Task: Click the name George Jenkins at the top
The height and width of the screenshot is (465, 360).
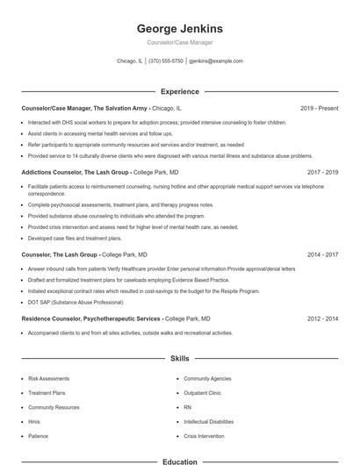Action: coord(180,28)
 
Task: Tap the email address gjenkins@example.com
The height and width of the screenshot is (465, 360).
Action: coord(216,61)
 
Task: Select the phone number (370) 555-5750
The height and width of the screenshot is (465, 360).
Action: coord(166,61)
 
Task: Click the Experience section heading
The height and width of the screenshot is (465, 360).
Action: coord(180,91)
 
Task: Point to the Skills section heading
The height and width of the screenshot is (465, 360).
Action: coord(180,359)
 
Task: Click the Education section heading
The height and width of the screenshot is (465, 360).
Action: coord(180,461)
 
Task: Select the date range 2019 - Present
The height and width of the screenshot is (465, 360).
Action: coord(319,109)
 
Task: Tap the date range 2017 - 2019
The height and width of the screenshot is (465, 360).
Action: coord(322,173)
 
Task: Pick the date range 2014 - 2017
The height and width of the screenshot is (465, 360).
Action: coord(322,255)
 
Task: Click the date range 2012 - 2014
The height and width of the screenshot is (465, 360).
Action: coord(322,319)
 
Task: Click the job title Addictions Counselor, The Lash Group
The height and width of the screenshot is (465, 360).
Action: coord(76,173)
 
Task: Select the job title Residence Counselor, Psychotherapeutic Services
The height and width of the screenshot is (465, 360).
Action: coord(90,319)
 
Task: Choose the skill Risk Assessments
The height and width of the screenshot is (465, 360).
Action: coord(47,379)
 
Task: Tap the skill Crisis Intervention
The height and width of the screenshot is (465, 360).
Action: coord(204,436)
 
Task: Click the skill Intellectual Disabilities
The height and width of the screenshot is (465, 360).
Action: coord(209,422)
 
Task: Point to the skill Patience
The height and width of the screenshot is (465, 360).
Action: coord(38,436)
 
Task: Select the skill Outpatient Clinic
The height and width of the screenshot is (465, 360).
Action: coord(203,393)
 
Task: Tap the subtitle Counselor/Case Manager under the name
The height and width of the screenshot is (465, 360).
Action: coord(180,42)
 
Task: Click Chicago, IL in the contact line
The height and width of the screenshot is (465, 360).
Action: coord(128,61)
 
